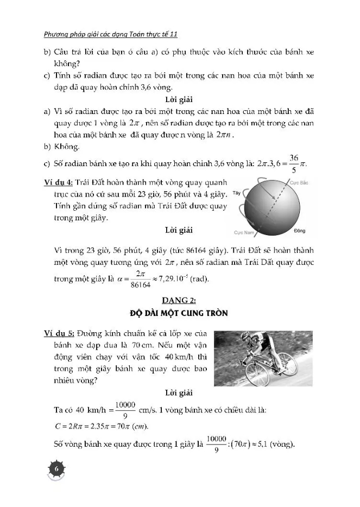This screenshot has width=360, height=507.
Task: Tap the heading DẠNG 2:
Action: pos(180,300)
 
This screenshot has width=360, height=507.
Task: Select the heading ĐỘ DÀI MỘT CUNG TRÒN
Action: pos(180,314)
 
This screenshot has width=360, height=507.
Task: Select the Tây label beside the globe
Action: pos(236,193)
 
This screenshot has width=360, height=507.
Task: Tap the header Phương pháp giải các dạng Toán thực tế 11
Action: pos(111,34)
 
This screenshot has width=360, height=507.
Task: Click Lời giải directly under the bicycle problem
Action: pos(180,392)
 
